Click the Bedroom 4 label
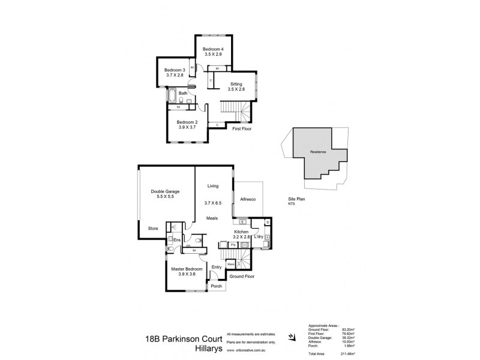(213, 49)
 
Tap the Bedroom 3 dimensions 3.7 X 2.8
(175, 76)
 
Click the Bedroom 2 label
(187, 122)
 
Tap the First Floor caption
(242, 128)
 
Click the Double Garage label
(165, 191)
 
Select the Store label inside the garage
(154, 228)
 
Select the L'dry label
(259, 238)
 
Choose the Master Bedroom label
(187, 269)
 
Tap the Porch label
(216, 286)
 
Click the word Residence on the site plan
(318, 152)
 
